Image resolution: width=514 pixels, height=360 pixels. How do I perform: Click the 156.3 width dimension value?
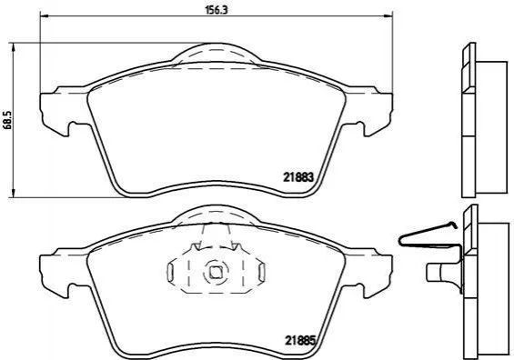(x=216, y=10)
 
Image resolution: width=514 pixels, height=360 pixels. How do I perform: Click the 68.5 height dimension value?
(x=8, y=120)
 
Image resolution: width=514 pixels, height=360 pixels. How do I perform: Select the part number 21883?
(x=298, y=177)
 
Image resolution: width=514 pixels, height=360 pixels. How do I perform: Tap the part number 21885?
(x=300, y=341)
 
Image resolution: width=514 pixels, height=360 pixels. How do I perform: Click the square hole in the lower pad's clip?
(x=215, y=273)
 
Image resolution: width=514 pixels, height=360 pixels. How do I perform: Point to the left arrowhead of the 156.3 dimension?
(x=44, y=15)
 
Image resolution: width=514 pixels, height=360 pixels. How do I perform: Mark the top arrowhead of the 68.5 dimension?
(x=13, y=47)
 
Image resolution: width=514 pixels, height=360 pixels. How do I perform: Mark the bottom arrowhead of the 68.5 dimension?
(x=13, y=194)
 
